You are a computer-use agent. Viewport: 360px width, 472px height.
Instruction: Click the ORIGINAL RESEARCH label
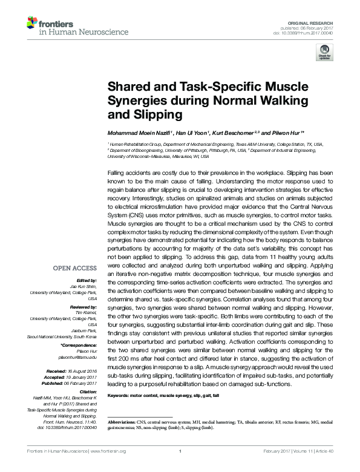315,22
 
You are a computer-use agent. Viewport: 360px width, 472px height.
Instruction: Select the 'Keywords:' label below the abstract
119,395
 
